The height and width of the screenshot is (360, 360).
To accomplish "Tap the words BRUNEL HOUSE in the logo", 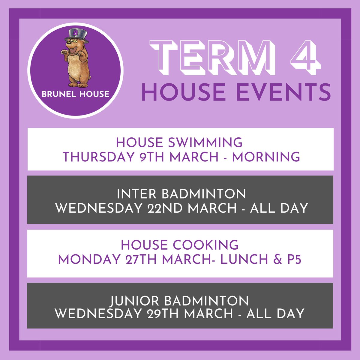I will pyautogui.click(x=76, y=94).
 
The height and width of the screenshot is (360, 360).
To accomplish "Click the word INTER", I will pyautogui.click(x=137, y=194).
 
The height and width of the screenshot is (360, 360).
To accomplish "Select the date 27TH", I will pyautogui.click(x=135, y=260).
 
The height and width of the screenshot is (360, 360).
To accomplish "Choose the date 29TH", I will pyautogui.click(x=164, y=314).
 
